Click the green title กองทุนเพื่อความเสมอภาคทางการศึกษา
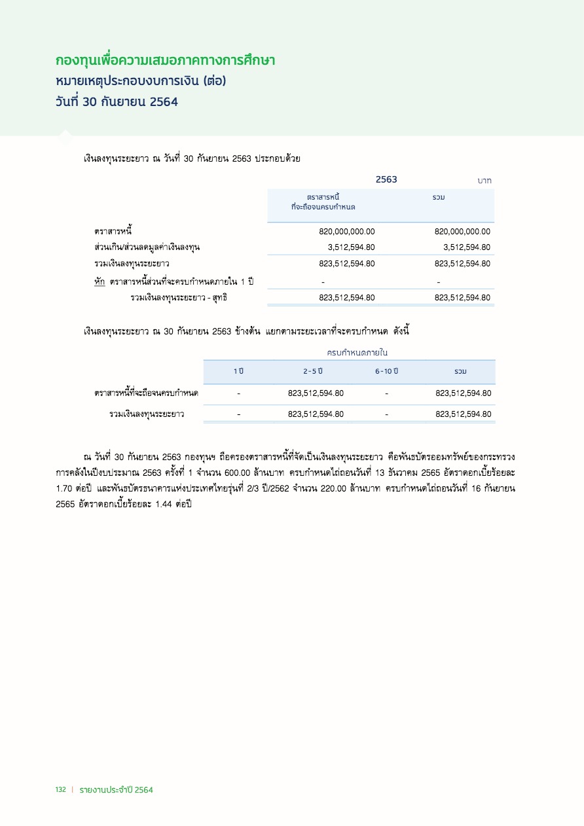click(165, 61)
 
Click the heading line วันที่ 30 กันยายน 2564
click(117, 102)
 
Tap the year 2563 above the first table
click(386, 179)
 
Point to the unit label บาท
click(484, 180)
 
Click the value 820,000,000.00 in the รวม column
click(462, 231)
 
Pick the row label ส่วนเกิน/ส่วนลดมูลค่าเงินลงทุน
click(147, 247)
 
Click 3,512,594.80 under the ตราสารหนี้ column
click(351, 247)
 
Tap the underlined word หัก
click(100, 281)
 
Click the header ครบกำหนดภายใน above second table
click(357, 353)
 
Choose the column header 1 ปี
click(239, 372)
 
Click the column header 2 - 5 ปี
click(313, 372)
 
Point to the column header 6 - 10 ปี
click(387, 372)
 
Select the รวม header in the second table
click(460, 372)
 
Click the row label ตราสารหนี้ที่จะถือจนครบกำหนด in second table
click(147, 393)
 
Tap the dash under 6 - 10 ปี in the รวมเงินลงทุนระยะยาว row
click(387, 414)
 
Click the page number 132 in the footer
click(60, 790)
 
